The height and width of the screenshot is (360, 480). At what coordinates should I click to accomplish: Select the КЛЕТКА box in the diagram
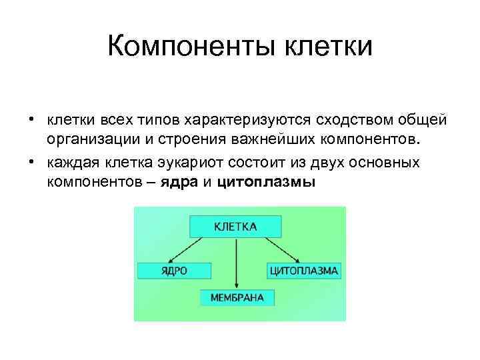(x=235, y=227)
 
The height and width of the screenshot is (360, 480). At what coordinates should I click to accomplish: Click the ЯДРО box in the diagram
(x=174, y=271)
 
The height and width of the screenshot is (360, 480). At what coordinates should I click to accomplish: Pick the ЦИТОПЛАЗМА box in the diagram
(x=304, y=271)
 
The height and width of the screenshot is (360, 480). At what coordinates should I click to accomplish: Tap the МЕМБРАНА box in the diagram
(x=237, y=297)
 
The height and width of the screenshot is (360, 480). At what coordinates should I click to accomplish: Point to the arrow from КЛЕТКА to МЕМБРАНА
(x=235, y=263)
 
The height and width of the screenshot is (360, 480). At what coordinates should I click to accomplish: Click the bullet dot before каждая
(x=31, y=163)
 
